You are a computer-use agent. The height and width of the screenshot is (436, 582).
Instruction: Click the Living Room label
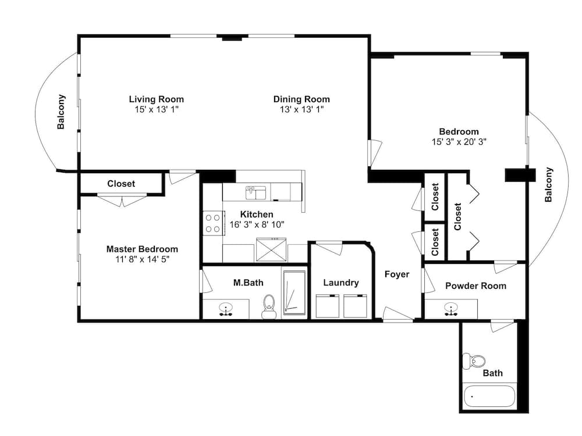click(x=156, y=99)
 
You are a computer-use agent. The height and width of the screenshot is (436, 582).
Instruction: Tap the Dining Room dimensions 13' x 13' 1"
click(x=301, y=109)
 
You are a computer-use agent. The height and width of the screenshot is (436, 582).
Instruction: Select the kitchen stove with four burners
click(x=213, y=223)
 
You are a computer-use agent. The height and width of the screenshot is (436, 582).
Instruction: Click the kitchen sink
click(x=255, y=193)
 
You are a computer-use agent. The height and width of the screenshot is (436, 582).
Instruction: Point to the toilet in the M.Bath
click(x=269, y=306)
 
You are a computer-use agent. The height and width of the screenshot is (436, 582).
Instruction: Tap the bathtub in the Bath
click(x=489, y=396)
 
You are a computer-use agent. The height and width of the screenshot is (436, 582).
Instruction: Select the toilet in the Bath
click(x=474, y=361)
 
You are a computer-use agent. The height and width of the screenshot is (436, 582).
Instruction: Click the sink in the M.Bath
click(x=225, y=309)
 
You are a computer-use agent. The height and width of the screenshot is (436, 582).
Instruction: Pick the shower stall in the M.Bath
click(x=294, y=293)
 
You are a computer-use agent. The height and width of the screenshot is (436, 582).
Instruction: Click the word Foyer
click(x=397, y=274)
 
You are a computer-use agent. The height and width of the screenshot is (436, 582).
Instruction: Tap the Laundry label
click(x=340, y=283)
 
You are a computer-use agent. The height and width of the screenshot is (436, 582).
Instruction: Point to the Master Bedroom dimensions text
click(x=142, y=259)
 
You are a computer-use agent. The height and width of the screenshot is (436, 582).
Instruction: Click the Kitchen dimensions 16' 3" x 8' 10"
click(x=257, y=224)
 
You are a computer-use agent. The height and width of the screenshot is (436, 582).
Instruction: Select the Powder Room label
click(x=475, y=286)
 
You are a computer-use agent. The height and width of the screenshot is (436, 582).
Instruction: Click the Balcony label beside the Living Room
click(x=61, y=112)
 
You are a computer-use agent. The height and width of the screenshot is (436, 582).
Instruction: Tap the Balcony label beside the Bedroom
click(x=549, y=185)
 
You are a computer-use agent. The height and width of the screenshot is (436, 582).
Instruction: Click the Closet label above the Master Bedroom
click(x=121, y=184)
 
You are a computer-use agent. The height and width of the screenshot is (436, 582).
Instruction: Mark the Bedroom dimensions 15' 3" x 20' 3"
click(x=459, y=142)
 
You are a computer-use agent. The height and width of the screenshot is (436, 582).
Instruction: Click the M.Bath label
click(x=249, y=283)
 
